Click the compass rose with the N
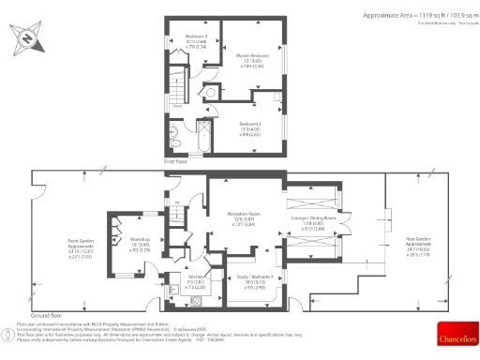tap(25, 37)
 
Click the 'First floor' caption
tap(176, 162)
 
